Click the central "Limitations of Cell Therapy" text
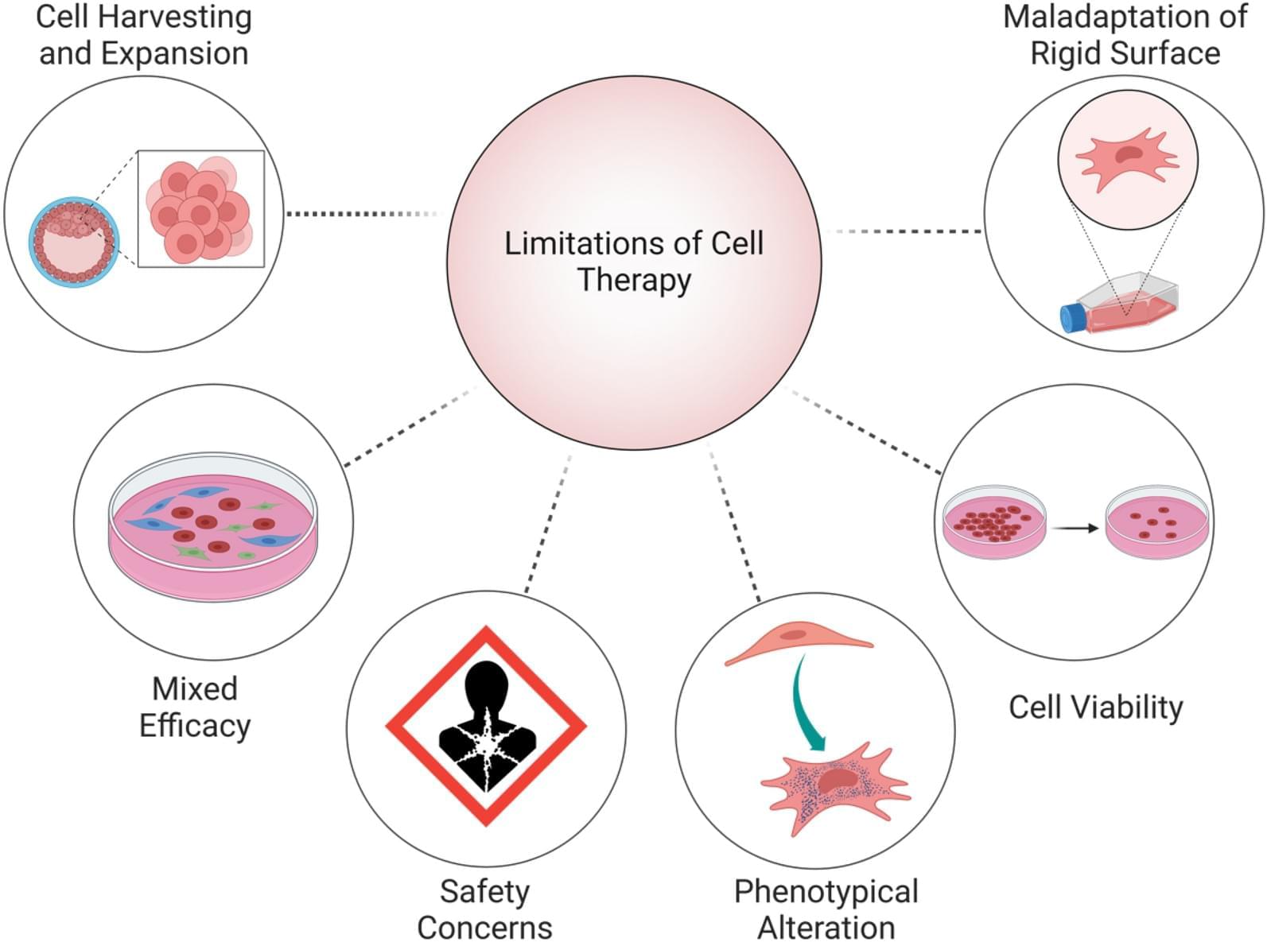[x=634, y=262]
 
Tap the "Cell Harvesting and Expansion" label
[x=144, y=35]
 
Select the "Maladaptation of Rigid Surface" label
[x=1125, y=35]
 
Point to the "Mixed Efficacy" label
[x=195, y=707]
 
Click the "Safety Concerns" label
[x=484, y=909]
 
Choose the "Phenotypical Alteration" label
[x=826, y=909]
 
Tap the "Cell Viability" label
[x=1095, y=707]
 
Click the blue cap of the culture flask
[x=1071, y=317]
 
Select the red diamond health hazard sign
[x=486, y=726]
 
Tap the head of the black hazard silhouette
[x=485, y=682]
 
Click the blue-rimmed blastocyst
[x=74, y=242]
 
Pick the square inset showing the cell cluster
[x=200, y=209]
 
